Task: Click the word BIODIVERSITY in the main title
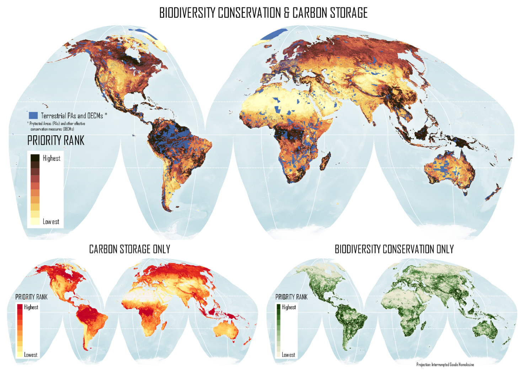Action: [x=187, y=13]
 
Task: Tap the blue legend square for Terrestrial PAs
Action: [x=33, y=115]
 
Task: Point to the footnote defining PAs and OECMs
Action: [x=57, y=126]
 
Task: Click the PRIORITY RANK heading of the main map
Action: [x=56, y=141]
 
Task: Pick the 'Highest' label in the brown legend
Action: [x=52, y=158]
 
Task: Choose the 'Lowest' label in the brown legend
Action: [x=51, y=222]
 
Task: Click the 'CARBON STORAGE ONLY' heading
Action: [x=129, y=249]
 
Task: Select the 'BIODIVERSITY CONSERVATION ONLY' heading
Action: [x=394, y=249]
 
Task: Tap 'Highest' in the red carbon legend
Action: [x=31, y=307]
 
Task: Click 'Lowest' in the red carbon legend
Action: [x=31, y=355]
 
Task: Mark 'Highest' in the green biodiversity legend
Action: [x=289, y=307]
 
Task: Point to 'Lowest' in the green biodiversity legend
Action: [x=288, y=355]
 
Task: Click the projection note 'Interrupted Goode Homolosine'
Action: [x=445, y=365]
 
